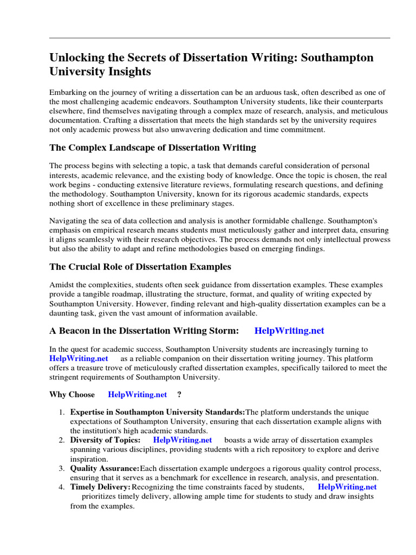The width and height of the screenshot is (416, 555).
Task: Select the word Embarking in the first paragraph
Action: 68,92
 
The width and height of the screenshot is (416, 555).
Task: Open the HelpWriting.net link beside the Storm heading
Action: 289,331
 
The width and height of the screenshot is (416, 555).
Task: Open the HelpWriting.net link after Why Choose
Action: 138,395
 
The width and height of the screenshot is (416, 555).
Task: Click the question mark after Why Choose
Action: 179,395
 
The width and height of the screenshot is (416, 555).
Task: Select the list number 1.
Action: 62,412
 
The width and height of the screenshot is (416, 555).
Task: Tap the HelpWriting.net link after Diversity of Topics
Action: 183,440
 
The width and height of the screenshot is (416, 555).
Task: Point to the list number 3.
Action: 62,468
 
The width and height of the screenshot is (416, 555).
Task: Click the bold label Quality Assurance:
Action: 105,468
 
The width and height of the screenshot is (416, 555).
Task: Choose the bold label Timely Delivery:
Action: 100,487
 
